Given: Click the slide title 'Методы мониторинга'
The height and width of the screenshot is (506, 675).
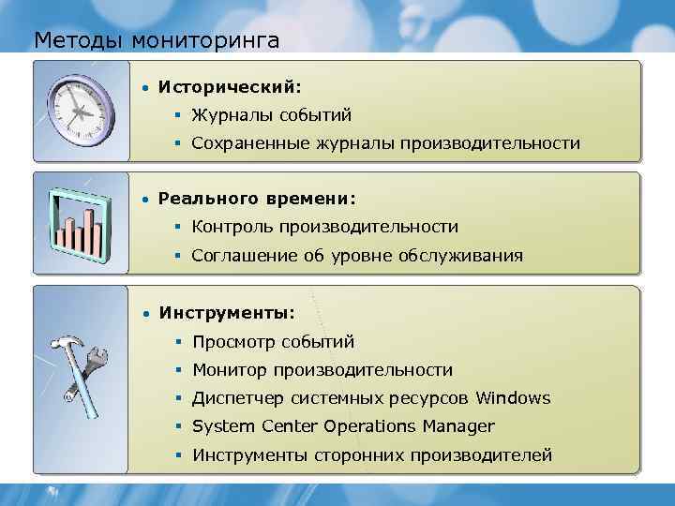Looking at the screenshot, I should coord(156,40).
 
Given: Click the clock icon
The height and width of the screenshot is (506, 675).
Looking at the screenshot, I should coord(81,111).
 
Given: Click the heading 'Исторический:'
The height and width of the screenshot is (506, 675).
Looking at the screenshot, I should coord(230,87).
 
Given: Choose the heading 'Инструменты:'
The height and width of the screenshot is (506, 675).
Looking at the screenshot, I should coord(226,312).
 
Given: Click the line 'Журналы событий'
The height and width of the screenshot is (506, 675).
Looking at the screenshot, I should coord(272,116).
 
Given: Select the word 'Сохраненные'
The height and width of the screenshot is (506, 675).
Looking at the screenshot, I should coord(245,144).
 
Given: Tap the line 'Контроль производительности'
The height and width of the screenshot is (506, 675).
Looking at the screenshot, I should coord(324,227).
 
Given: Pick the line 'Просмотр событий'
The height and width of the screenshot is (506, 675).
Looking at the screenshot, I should coord(273,342).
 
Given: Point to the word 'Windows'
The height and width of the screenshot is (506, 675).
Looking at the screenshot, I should coord(513,398).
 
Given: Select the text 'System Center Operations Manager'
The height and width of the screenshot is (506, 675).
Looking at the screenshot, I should coord(342,427).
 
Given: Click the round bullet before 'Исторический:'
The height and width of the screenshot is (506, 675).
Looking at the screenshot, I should coord(144,88).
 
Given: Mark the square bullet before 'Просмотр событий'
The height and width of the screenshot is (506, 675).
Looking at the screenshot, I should coord(176,342).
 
